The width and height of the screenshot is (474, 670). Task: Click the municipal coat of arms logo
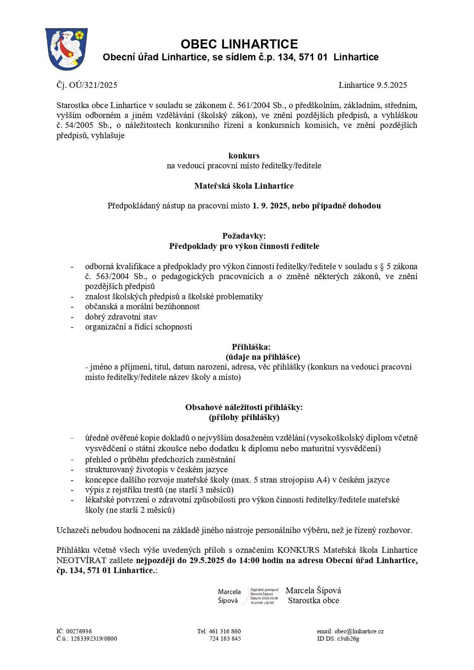[66, 49]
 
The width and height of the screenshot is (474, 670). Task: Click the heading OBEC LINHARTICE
[239, 44]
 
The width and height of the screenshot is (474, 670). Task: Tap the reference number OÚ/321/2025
[93, 85]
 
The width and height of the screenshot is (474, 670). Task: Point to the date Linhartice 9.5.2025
[372, 85]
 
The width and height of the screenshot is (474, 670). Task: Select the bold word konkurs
[244, 156]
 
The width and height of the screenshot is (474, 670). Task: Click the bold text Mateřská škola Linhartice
[244, 186]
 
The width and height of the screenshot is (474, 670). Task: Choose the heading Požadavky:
[244, 236]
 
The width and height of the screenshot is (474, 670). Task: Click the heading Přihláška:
[251, 347]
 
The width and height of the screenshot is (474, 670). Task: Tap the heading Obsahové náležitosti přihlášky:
[244, 407]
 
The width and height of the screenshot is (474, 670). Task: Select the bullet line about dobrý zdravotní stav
[121, 317]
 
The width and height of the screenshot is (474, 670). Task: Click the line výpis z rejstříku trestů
[159, 490]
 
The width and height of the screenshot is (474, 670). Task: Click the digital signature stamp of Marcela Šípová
[248, 596]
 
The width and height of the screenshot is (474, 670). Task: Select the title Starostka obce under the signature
[313, 601]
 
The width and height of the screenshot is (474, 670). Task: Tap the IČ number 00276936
[79, 631]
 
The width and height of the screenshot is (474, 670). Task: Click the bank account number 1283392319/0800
[94, 638]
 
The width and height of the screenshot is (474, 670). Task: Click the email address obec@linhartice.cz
[359, 631]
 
